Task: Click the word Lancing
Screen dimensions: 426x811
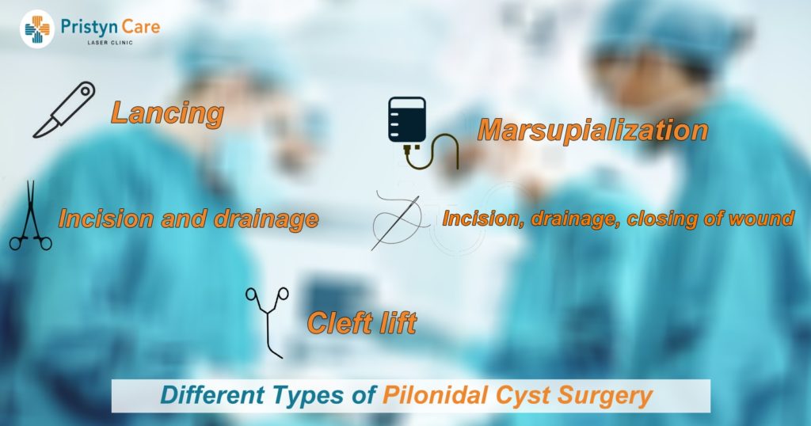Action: (x=166, y=112)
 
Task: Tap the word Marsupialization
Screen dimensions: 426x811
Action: (x=592, y=130)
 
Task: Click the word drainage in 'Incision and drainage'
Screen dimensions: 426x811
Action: (x=267, y=219)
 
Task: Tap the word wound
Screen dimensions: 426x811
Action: (x=762, y=219)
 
